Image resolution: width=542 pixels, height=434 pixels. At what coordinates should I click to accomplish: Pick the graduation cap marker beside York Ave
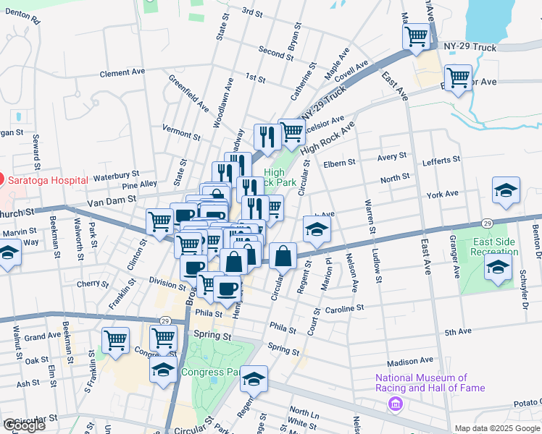point(506,190)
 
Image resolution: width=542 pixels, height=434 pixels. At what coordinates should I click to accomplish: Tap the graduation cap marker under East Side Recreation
point(497,266)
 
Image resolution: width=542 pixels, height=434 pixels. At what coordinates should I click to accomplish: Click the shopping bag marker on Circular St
point(283,255)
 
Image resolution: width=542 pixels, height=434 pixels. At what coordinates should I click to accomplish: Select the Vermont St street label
point(181,135)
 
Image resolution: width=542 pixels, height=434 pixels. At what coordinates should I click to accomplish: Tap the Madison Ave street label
point(409,361)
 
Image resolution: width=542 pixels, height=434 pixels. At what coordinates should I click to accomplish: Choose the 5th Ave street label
point(458,332)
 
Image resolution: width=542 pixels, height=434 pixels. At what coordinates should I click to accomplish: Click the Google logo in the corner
point(24,425)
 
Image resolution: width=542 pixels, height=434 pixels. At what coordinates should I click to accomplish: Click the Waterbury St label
point(116,175)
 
